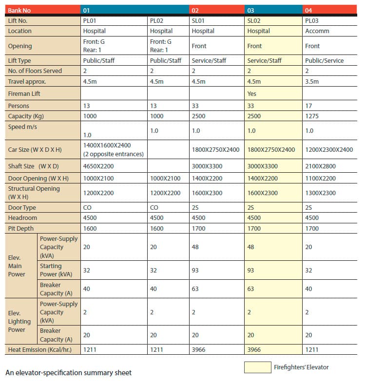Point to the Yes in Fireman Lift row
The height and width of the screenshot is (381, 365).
(251, 93)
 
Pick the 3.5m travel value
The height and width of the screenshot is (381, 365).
(312, 81)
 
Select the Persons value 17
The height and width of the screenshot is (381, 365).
(308, 106)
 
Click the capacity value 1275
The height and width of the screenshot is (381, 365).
(312, 116)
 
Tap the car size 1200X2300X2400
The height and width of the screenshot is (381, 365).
(329, 149)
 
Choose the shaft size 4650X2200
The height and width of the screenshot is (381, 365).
(98, 166)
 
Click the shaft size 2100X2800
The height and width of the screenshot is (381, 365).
(320, 166)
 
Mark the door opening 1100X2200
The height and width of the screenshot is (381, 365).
(320, 179)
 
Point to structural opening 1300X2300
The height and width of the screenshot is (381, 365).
(320, 193)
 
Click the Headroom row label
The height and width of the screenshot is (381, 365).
(22, 218)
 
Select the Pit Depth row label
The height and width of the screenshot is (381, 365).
(20, 228)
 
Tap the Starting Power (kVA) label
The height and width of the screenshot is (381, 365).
(56, 270)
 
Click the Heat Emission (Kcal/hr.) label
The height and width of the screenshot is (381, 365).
(39, 350)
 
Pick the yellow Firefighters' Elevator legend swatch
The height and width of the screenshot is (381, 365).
(257, 367)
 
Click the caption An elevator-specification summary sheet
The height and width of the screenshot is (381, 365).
(68, 373)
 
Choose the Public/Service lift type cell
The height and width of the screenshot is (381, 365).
(325, 60)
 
